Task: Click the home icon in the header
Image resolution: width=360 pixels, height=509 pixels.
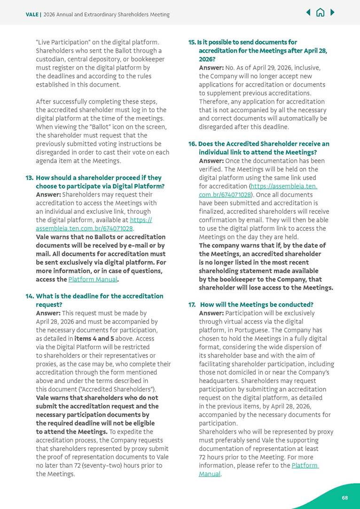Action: [320, 12]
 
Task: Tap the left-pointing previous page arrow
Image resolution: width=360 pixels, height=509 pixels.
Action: [308, 12]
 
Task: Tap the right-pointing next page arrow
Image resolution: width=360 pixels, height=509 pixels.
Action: [332, 12]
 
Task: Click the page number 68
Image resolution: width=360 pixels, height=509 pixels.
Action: [344, 498]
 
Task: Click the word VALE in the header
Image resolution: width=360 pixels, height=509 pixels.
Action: [32, 15]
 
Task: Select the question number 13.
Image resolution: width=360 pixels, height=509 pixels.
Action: [29, 178]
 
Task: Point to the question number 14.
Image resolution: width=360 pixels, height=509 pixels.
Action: [29, 296]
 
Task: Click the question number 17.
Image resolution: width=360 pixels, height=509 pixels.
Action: [192, 305]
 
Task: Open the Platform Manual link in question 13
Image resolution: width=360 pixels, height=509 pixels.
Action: [92, 279]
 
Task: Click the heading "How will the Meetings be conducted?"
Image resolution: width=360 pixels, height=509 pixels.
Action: [257, 305]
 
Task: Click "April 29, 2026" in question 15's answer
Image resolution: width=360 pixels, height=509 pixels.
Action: [269, 68]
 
